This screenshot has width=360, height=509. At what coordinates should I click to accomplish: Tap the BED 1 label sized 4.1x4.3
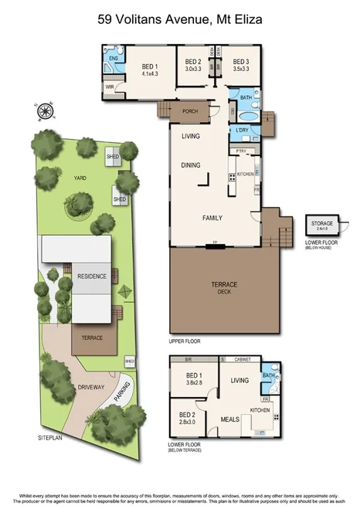[x=150, y=69]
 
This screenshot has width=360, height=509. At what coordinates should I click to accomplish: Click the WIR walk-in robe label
[x=110, y=87]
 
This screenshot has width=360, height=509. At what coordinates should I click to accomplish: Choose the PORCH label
[x=190, y=111]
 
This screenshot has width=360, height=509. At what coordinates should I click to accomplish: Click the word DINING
[x=190, y=165]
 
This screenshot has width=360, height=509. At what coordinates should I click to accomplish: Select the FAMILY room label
[x=212, y=219]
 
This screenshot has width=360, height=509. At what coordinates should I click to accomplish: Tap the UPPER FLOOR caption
[x=184, y=340]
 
